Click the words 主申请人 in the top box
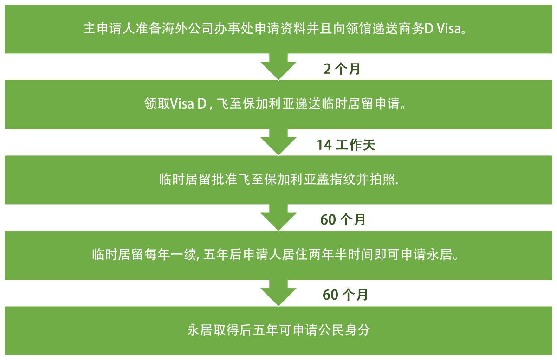tap(109, 28)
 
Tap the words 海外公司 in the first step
tap(188, 28)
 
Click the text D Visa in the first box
tap(442, 28)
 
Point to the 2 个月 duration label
tap(342, 69)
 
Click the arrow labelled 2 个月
tap(278, 67)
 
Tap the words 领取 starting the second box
tap(157, 103)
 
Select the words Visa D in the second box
tap(188, 103)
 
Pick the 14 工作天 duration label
tap(346, 145)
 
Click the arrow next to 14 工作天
tap(278, 142)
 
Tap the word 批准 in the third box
tap(225, 179)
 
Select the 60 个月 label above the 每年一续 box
tap(343, 220)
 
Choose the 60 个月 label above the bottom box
tap(345, 295)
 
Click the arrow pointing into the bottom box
tap(278, 293)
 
